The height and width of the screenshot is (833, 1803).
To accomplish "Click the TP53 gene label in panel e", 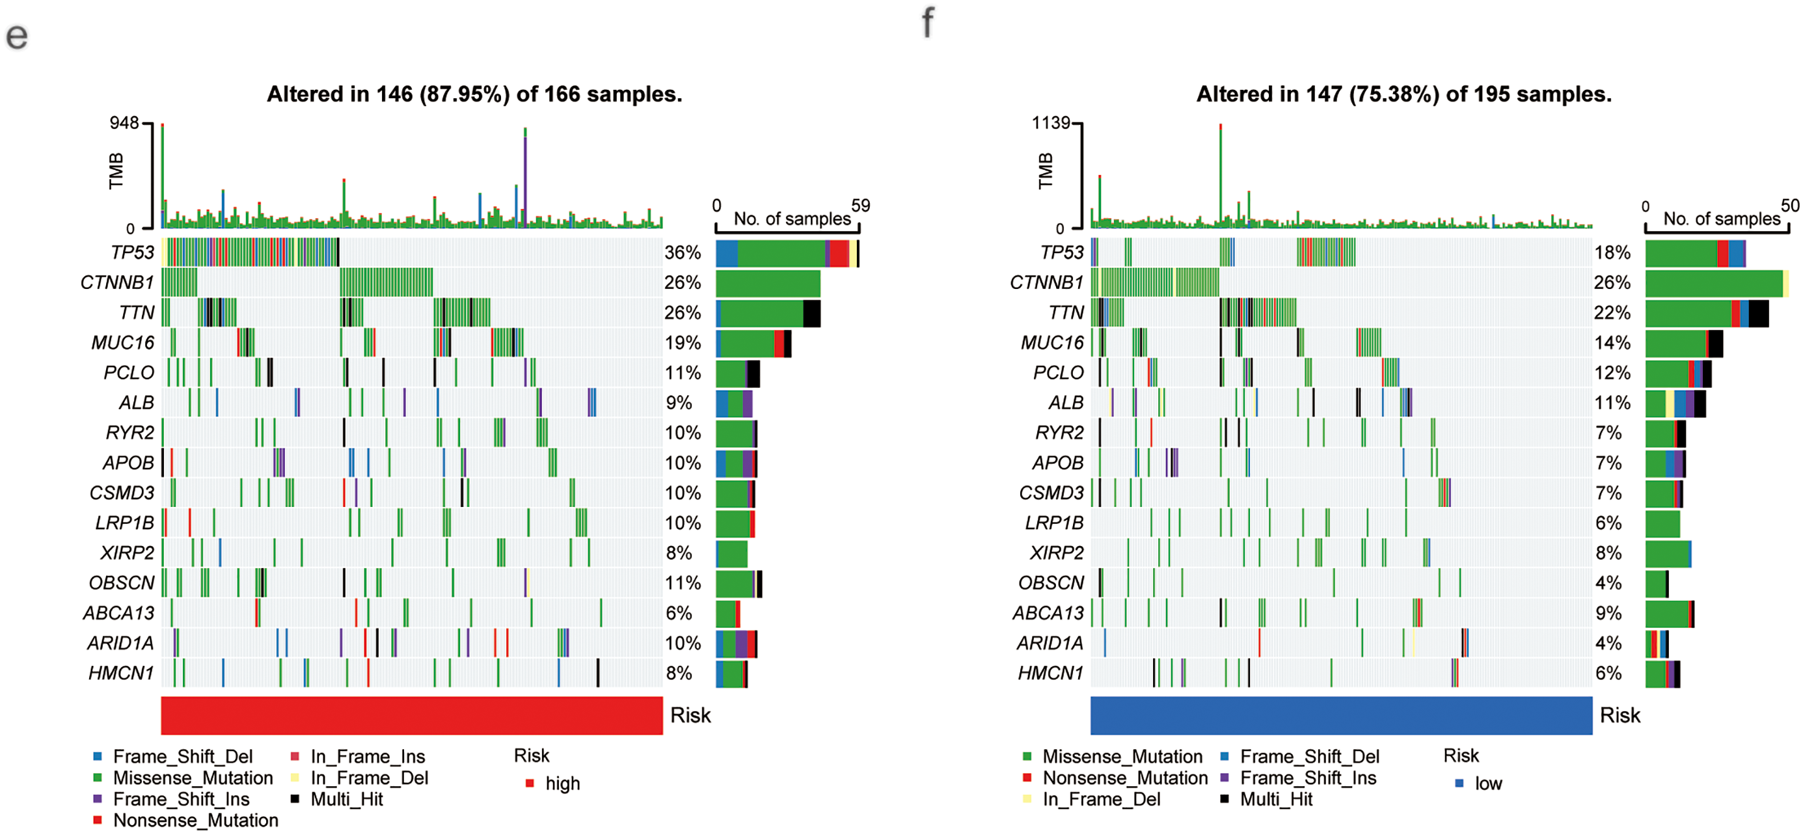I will [x=131, y=252].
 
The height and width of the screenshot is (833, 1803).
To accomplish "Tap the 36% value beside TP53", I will [x=683, y=252].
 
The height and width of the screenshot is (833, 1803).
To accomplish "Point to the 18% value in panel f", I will [x=1612, y=252].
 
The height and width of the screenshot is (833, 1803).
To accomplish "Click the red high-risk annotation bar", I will [x=412, y=715].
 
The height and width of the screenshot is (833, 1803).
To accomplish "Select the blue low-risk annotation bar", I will [x=1341, y=715].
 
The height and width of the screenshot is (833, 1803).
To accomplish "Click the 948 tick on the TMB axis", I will [x=124, y=123].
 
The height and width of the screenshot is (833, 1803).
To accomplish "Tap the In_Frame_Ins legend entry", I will [x=367, y=757].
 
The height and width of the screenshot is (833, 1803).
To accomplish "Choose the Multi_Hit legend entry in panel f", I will [x=1275, y=799].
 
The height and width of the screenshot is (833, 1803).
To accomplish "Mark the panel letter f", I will [x=927, y=22].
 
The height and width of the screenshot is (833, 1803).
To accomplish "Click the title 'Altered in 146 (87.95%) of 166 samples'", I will [x=474, y=94].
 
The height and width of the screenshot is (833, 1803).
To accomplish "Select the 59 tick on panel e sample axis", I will [x=860, y=206].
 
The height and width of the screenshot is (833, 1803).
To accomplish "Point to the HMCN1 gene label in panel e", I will [x=121, y=673].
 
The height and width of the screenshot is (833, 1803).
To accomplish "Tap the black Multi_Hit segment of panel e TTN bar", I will [x=811, y=313].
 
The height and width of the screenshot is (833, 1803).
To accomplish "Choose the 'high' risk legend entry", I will [x=562, y=784].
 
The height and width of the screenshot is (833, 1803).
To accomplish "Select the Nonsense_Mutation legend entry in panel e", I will [x=195, y=821].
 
